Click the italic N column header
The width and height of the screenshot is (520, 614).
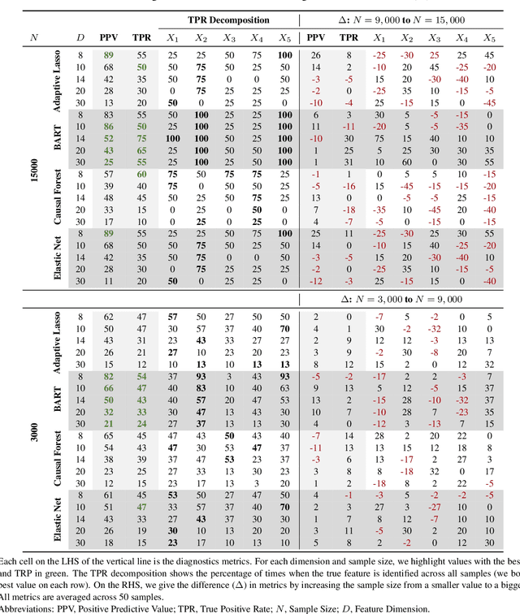33,37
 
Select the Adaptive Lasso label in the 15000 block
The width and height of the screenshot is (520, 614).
58,80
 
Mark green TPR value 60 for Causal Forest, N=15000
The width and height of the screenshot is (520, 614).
141,174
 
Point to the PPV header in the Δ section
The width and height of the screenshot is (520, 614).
315,37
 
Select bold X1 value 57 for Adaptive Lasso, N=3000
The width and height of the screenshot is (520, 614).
172,318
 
